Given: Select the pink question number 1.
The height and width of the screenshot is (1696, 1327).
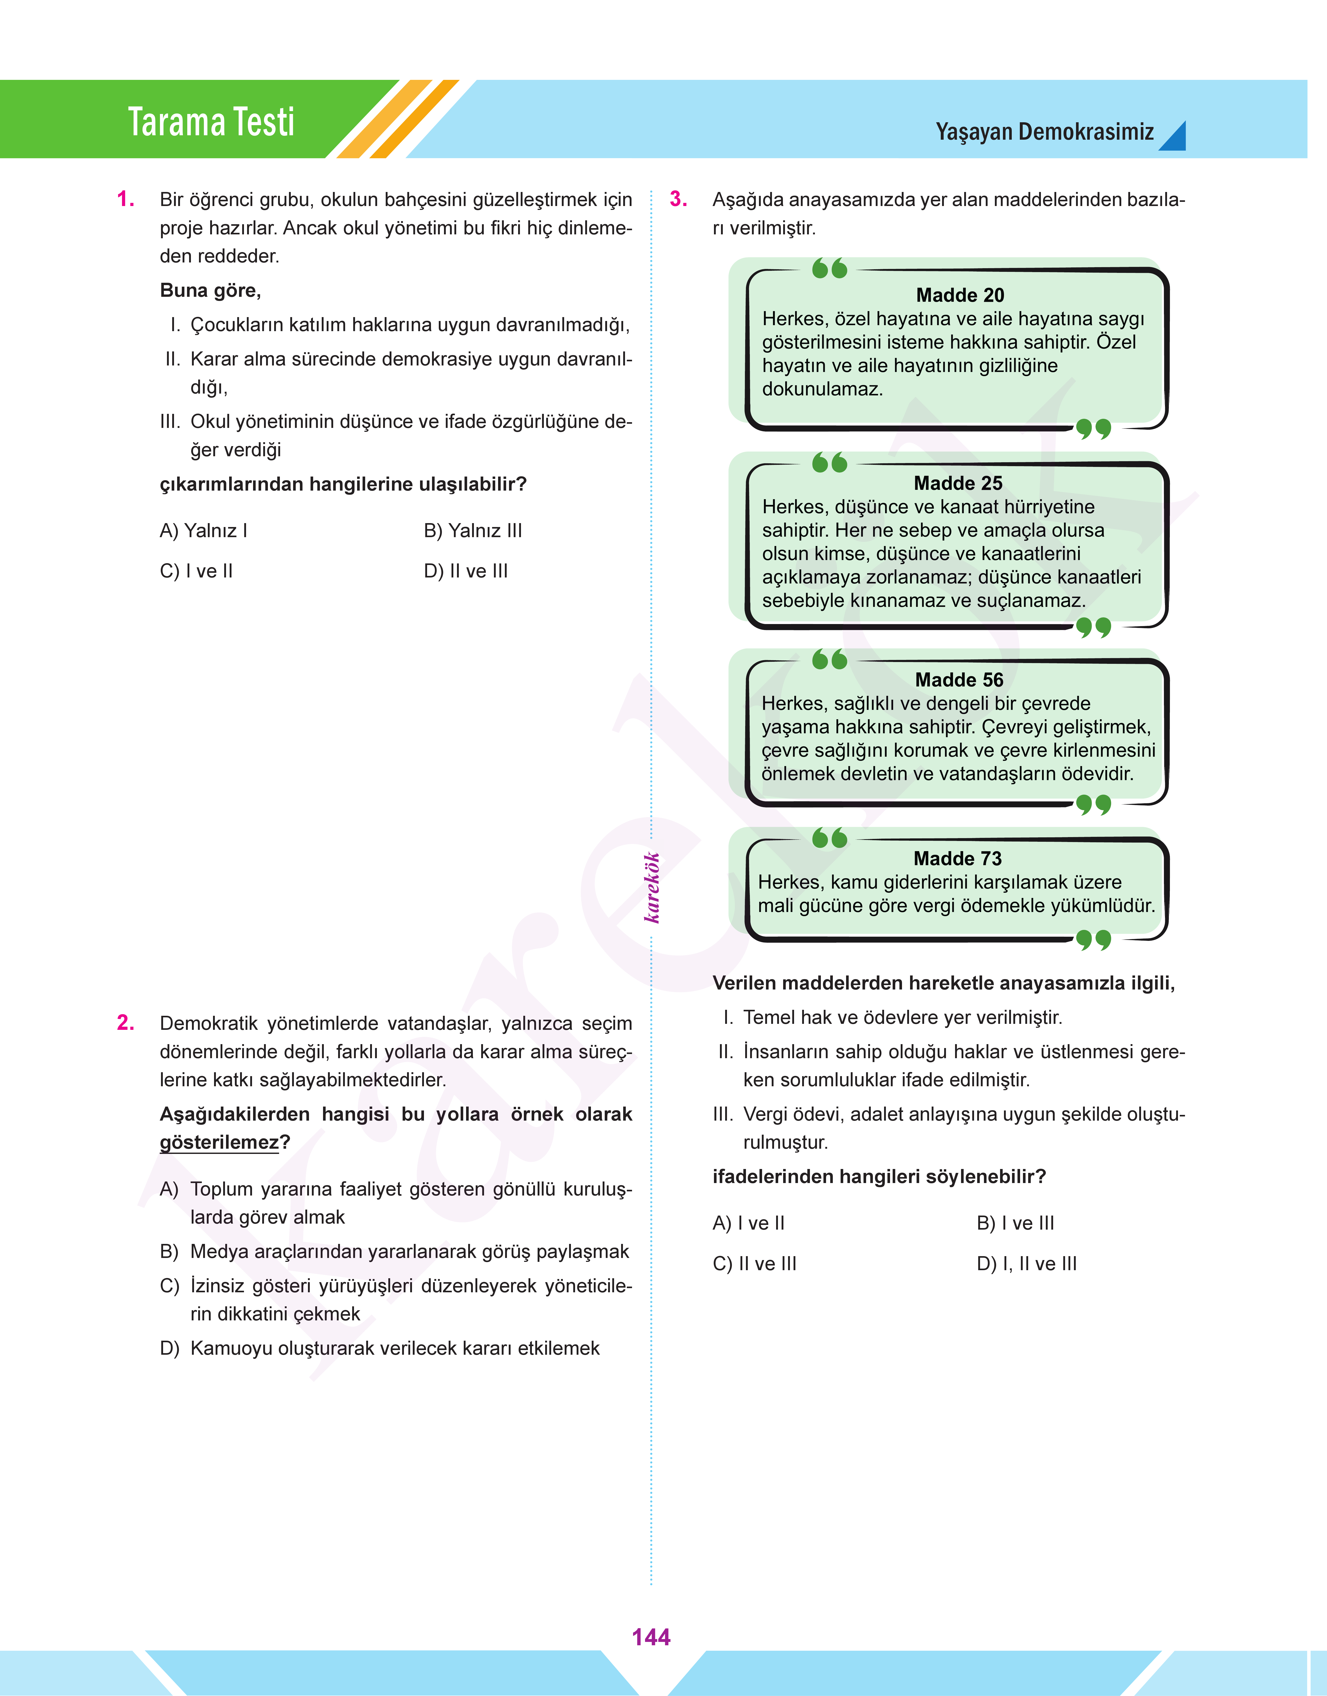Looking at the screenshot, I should click(126, 200).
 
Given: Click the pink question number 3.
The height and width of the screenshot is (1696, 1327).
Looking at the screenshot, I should click(678, 200).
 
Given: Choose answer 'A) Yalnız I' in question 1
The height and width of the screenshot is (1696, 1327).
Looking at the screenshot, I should click(204, 531).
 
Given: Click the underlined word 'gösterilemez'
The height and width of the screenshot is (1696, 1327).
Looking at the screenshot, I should click(219, 1142).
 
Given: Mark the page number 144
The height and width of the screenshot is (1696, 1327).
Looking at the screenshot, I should click(651, 1637).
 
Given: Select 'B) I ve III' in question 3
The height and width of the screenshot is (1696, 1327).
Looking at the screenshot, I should click(1015, 1223).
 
